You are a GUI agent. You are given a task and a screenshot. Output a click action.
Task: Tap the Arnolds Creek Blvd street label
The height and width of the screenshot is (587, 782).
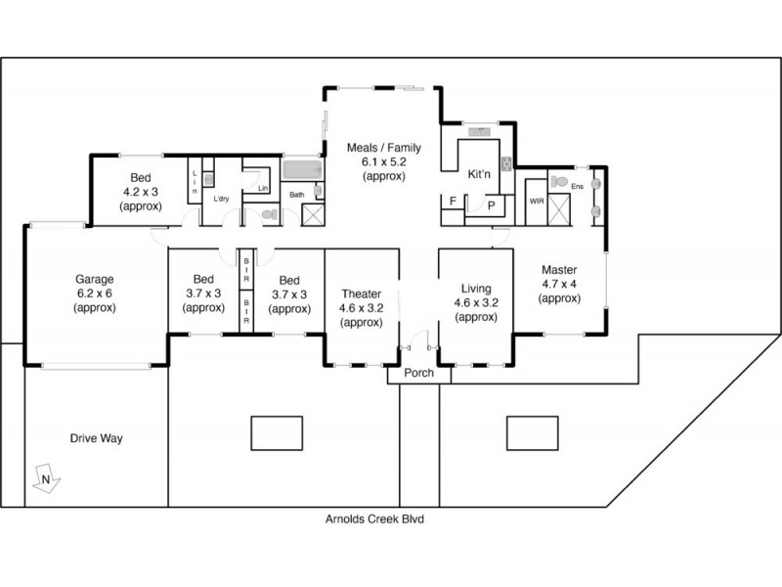pyautogui.click(x=376, y=520)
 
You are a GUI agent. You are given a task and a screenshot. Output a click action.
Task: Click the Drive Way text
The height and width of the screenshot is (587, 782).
pyautogui.click(x=96, y=438)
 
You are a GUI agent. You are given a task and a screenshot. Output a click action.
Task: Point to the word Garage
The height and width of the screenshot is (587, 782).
pyautogui.click(x=94, y=277)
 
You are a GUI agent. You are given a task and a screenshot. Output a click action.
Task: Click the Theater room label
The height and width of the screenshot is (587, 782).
pyautogui.click(x=361, y=293)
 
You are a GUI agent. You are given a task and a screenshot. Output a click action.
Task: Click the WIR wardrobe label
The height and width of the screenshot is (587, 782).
pyautogui.click(x=535, y=201)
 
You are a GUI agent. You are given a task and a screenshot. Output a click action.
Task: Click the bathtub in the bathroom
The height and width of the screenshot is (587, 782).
pyautogui.click(x=302, y=170)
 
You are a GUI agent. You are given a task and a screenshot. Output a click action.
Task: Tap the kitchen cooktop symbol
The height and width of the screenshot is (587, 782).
pyautogui.click(x=506, y=163)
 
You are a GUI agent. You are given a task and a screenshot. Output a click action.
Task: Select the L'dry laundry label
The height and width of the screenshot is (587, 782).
pyautogui.click(x=221, y=200)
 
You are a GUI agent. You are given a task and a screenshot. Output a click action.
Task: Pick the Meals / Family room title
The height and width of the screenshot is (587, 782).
pyautogui.click(x=383, y=149)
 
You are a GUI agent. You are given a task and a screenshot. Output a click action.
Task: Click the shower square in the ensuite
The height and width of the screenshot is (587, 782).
pyautogui.click(x=560, y=209)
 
